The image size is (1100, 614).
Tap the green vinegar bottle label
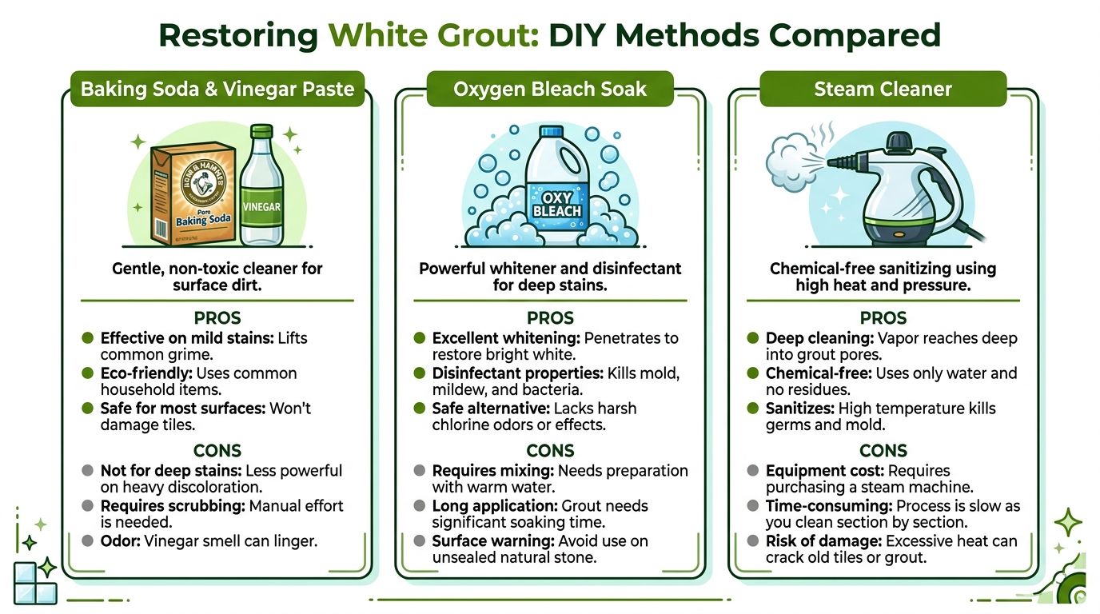coord(261,206)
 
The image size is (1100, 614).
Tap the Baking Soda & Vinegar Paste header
coord(217,89)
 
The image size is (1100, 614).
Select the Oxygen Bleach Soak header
coord(550,89)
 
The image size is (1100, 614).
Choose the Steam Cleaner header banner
coord(883,89)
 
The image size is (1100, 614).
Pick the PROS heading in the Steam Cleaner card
coord(883,317)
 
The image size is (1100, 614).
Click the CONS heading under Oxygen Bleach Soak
coord(550,450)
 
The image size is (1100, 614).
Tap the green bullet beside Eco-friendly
coord(87,373)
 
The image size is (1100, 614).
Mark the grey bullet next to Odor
coord(87,541)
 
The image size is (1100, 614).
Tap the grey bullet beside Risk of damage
coord(753,541)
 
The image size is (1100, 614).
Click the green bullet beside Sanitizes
coord(753,409)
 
